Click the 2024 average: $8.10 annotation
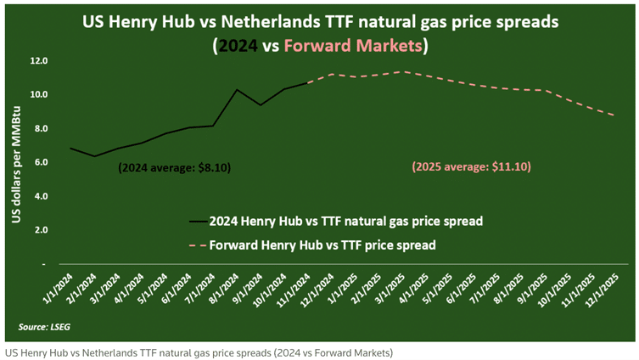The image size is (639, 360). tap(174, 168)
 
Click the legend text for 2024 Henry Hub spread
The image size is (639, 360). tap(346, 222)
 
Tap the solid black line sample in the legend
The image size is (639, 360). tap(198, 222)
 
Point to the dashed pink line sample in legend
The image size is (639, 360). tap(198, 245)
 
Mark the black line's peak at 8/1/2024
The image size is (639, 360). tap(237, 90)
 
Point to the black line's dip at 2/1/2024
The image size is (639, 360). tap(95, 156)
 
